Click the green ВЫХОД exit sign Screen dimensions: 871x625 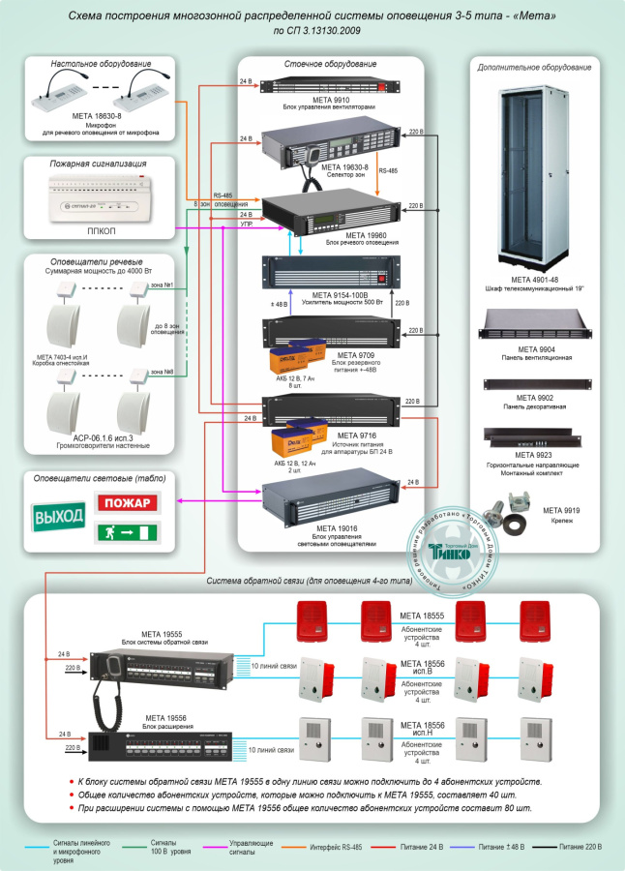[59, 518]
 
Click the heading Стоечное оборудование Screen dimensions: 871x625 [330, 64]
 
